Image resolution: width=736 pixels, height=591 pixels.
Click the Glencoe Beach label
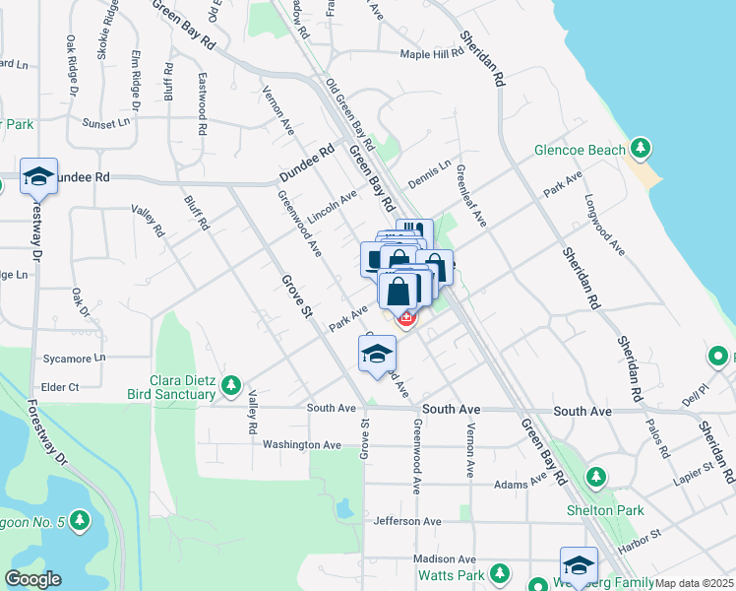[579, 151]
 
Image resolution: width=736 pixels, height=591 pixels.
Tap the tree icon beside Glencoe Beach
[642, 149]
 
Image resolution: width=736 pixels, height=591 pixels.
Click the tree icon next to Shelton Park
[595, 478]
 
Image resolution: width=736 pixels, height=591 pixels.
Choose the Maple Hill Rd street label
[431, 54]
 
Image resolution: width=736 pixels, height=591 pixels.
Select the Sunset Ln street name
[105, 124]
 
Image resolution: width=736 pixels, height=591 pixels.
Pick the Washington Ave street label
[301, 445]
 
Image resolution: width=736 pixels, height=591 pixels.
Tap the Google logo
[32, 579]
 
